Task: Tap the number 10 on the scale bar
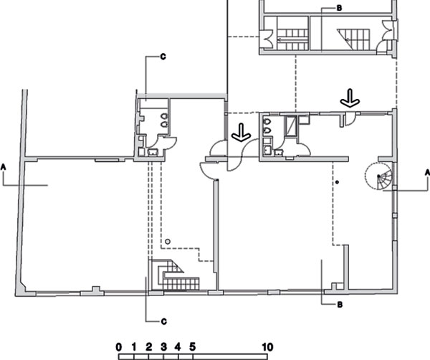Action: [x=267, y=347]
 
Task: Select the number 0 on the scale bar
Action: [x=118, y=347]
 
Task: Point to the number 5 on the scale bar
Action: [x=193, y=347]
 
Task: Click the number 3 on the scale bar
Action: [x=163, y=347]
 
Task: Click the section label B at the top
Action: [x=339, y=8]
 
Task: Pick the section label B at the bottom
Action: [x=340, y=305]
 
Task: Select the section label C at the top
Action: [x=163, y=57]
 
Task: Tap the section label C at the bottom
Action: [x=163, y=321]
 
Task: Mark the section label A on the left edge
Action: [x=4, y=167]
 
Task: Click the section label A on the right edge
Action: [x=427, y=172]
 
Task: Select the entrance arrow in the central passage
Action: [x=242, y=133]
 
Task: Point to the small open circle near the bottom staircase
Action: [x=168, y=242]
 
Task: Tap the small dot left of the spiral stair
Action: [x=338, y=182]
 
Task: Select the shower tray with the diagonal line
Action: [x=290, y=126]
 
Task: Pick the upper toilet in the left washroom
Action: [x=164, y=116]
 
